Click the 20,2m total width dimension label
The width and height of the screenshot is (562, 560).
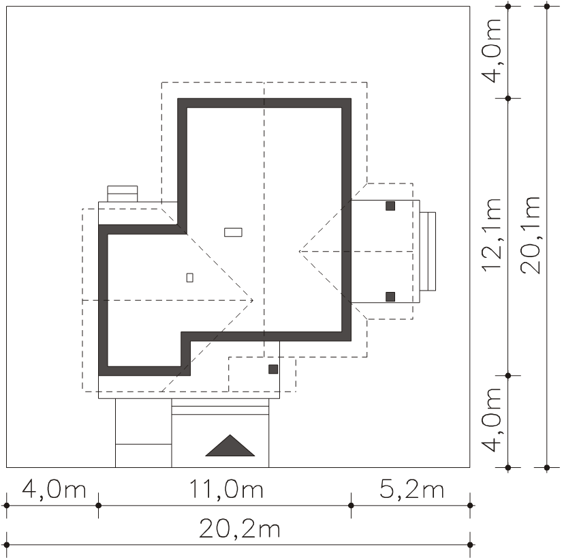[x=239, y=529]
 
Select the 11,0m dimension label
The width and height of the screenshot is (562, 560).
[x=226, y=489]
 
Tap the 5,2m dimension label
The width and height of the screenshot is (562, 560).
[x=412, y=489]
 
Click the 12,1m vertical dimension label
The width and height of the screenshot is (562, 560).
[x=492, y=235]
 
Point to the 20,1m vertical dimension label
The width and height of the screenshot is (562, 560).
[x=531, y=235]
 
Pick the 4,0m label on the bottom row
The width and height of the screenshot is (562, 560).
[x=54, y=489]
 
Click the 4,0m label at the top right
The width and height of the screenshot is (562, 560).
[x=492, y=50]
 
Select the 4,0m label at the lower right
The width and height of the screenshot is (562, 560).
[x=492, y=419]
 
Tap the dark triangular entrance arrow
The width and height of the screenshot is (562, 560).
[x=230, y=446]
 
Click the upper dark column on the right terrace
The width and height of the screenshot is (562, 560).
[x=390, y=206]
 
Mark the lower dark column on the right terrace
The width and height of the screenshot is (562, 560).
[x=390, y=297]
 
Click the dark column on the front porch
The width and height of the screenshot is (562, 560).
[x=273, y=369]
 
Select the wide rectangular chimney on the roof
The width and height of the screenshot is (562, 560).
[x=234, y=233]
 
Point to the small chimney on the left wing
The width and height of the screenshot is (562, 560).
[x=190, y=278]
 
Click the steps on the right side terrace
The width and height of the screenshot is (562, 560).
[x=428, y=251]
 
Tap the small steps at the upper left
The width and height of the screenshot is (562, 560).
[x=123, y=194]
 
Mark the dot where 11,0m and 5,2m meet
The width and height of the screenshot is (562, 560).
[x=352, y=505]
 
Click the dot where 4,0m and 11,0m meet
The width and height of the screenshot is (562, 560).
[x=99, y=505]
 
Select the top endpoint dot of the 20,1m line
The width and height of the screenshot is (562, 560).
[x=547, y=6]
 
